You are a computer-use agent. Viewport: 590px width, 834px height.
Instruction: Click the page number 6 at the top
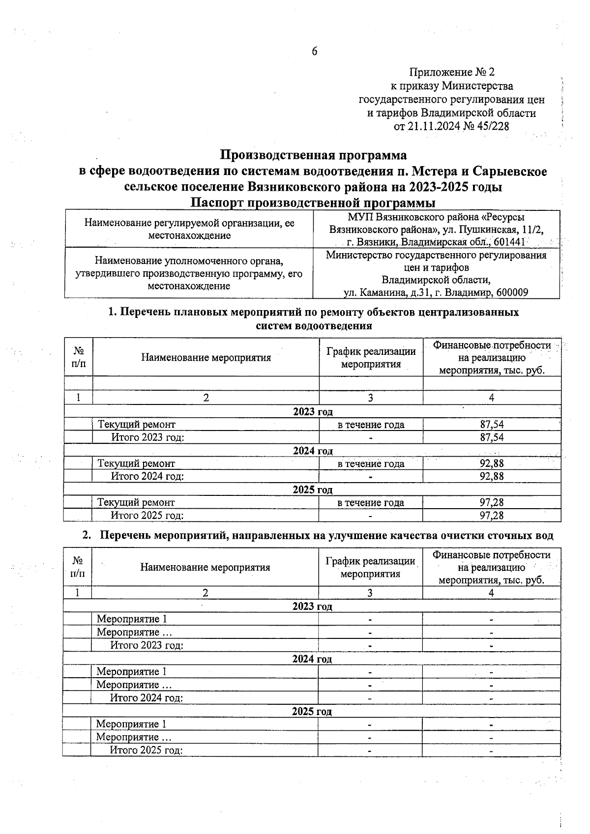(x=314, y=51)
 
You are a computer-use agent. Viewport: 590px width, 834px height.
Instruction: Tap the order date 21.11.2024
(x=434, y=126)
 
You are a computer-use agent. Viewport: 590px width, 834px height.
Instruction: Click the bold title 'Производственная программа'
(x=313, y=155)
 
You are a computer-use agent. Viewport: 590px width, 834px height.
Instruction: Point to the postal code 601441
(x=510, y=242)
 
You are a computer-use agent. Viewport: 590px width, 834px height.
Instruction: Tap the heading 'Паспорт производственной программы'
(x=313, y=203)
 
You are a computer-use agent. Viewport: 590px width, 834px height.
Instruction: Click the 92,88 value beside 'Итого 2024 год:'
(x=492, y=476)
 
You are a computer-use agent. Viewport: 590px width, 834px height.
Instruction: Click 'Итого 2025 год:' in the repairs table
(x=147, y=516)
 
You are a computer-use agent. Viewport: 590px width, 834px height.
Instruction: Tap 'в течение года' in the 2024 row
(x=371, y=463)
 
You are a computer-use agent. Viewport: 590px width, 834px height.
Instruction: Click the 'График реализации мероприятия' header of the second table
(x=370, y=567)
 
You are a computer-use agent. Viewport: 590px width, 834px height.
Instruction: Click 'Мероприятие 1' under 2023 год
(x=132, y=619)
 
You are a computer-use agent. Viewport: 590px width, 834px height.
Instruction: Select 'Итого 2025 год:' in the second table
(x=146, y=750)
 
